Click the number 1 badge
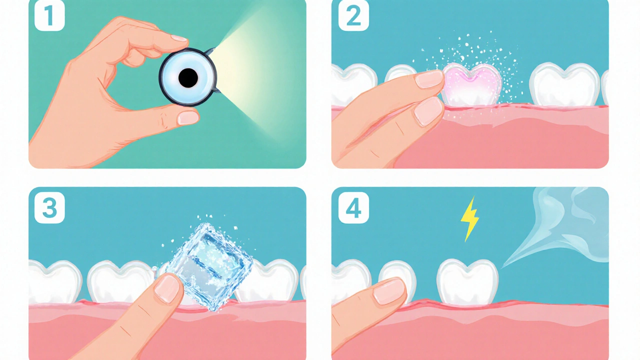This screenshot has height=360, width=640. click(x=49, y=15)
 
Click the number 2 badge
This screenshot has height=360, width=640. click(x=353, y=15)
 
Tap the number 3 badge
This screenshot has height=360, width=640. click(x=49, y=207)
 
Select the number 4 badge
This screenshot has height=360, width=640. click(x=353, y=207)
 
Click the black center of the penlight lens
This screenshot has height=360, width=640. click(x=188, y=77)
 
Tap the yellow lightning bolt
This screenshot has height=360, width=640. click(x=469, y=219)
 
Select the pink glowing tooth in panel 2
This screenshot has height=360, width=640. click(x=471, y=85)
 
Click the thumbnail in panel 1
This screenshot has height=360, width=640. click(x=188, y=118)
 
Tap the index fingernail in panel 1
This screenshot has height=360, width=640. click(x=179, y=38)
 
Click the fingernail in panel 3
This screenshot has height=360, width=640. click(x=166, y=288)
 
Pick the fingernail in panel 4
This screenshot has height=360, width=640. click(x=389, y=291)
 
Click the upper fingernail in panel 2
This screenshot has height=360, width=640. click(x=429, y=79)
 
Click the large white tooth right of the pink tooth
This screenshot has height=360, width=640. click(x=564, y=84)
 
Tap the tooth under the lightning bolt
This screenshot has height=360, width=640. click(x=467, y=281)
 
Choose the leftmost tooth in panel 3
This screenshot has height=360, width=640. click(x=54, y=281)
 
